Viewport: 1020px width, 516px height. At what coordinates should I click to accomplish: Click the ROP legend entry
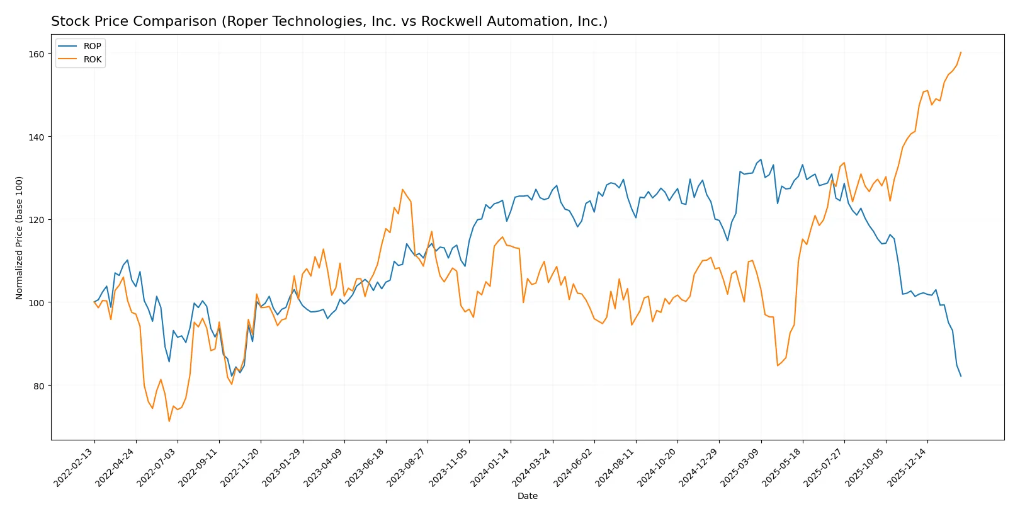[x=91, y=46]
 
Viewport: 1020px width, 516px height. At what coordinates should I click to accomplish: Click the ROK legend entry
[x=91, y=59]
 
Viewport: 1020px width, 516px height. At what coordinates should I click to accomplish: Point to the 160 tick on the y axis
[x=37, y=54]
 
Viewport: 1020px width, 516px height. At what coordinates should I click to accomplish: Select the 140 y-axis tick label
[x=37, y=137]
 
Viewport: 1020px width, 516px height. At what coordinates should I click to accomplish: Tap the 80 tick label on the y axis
[x=38, y=386]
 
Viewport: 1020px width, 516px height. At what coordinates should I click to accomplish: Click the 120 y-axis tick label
[x=37, y=220]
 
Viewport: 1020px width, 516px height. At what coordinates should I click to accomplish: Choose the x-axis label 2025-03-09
[x=740, y=467]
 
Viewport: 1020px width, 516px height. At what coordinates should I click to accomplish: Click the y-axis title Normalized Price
[x=20, y=238]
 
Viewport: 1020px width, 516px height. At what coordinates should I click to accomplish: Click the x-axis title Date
[x=527, y=496]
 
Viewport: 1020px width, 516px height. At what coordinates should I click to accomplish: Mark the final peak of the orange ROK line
[x=961, y=52]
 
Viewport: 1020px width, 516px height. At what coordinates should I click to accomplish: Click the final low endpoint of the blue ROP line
[x=961, y=376]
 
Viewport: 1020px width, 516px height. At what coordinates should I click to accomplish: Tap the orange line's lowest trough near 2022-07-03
[x=169, y=421]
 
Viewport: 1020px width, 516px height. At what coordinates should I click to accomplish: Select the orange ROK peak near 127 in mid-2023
[x=402, y=189]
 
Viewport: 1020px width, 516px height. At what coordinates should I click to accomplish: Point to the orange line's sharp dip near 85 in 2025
[x=778, y=365]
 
